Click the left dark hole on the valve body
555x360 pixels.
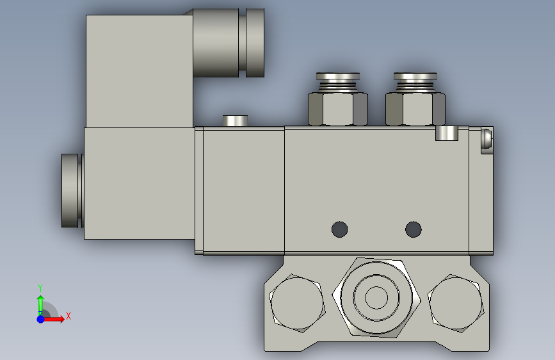pyautogui.click(x=339, y=229)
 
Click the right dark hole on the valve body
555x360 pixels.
pyautogui.click(x=413, y=229)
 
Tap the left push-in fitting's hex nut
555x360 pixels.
pyautogui.click(x=337, y=109)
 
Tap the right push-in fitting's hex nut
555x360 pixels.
pyautogui.click(x=415, y=109)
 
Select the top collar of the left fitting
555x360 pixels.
pyautogui.click(x=337, y=76)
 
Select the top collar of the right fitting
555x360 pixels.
pyautogui.click(x=415, y=76)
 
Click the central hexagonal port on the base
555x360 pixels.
pyautogui.click(x=376, y=298)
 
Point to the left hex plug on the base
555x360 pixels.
pyautogui.click(x=297, y=303)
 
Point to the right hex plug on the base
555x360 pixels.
pyautogui.click(x=456, y=303)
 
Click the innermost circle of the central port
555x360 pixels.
pyautogui.click(x=376, y=298)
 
